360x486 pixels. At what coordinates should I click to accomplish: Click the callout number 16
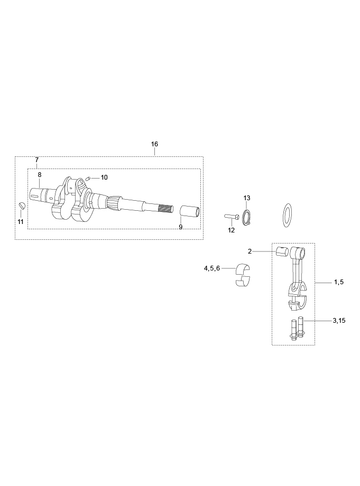point(154,144)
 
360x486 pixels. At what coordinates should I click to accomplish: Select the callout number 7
point(37,160)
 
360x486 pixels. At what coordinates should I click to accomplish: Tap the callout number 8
point(40,175)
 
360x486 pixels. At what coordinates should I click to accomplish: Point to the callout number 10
point(104,177)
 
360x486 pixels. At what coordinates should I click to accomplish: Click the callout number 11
point(21,222)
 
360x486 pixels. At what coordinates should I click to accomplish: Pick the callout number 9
point(181,227)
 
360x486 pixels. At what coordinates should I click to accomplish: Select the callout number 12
point(232,230)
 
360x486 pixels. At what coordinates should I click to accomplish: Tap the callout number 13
point(246,198)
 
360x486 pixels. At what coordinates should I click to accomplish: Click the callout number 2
point(250,251)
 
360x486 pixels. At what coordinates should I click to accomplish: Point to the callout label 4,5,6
point(212,268)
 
